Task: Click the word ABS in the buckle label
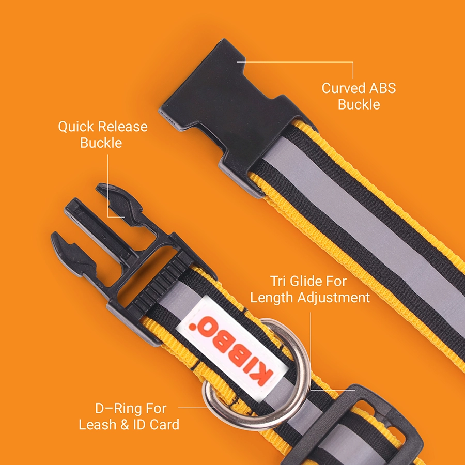point(382,88)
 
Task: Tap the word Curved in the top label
point(344,88)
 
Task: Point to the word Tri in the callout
point(278,281)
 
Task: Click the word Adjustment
point(333,298)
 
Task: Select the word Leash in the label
point(98,425)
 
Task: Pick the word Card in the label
point(164,425)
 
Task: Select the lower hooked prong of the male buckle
point(74,255)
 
